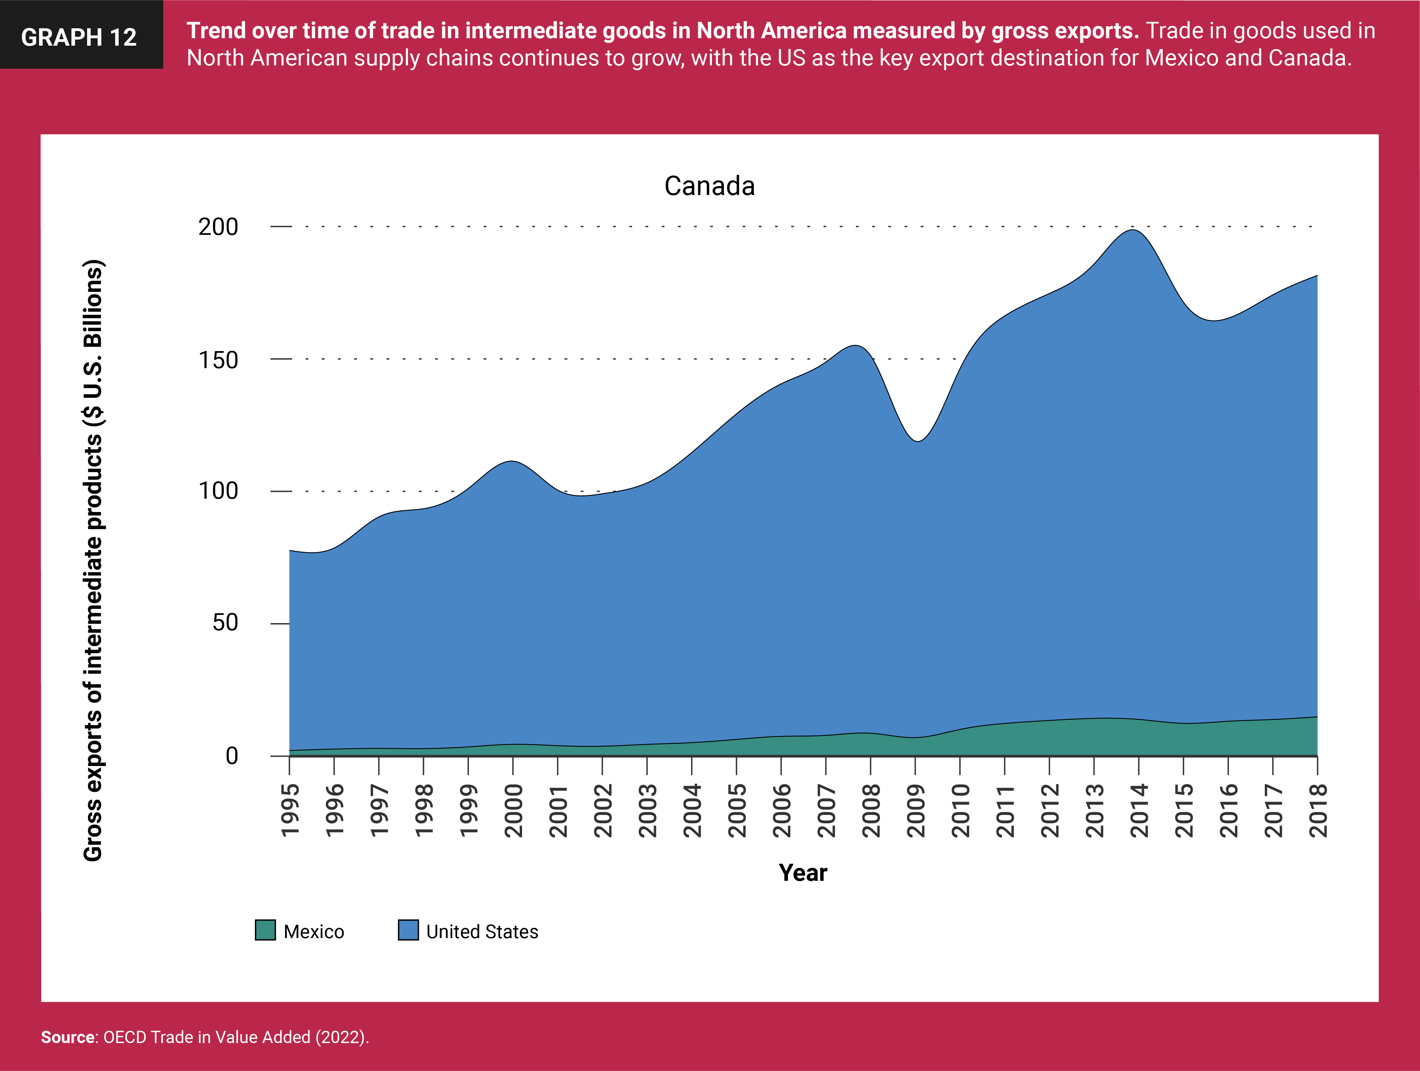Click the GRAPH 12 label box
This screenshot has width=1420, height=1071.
80,35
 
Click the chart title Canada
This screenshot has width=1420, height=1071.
709,186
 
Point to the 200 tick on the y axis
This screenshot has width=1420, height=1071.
218,227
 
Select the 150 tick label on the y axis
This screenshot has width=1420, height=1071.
218,360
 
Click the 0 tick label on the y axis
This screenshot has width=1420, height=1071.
232,756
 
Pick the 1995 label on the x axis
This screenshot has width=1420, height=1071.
290,810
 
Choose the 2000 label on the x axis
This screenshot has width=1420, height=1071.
514,810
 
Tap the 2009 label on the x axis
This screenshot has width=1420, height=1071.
915,810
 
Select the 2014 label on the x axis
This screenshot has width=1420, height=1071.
1139,810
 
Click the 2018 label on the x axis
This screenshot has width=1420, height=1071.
1318,810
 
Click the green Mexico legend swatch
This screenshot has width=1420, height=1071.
265,930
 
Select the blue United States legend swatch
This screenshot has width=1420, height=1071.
408,930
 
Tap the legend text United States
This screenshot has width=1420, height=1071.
482,932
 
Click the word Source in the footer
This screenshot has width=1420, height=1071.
67,1037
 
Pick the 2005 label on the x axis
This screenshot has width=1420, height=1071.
737,810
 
